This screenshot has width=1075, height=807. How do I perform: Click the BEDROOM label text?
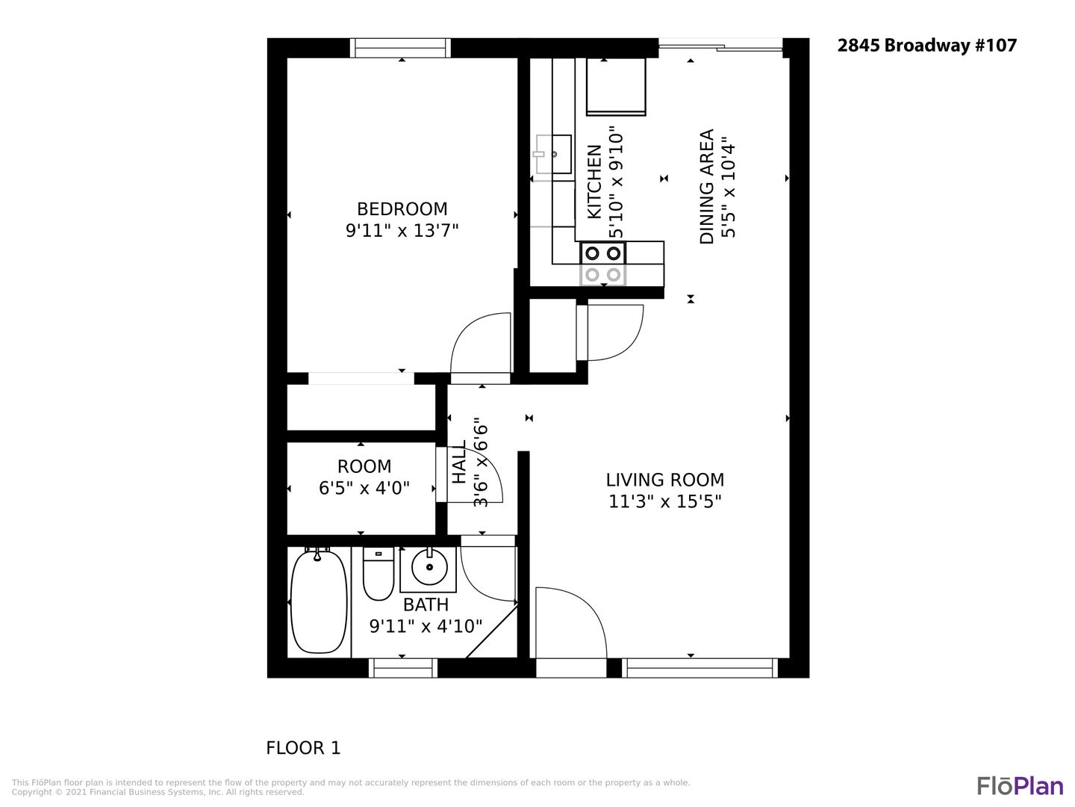point(402,209)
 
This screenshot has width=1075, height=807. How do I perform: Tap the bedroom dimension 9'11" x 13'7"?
point(402,230)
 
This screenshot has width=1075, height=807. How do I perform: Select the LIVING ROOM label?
point(664,480)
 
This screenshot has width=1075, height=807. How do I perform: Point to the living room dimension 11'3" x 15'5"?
point(664,501)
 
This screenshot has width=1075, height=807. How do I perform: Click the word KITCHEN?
point(593,182)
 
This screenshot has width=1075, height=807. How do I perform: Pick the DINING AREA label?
point(706,187)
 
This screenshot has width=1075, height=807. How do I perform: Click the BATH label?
point(426,605)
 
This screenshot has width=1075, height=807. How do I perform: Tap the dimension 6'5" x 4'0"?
point(364,488)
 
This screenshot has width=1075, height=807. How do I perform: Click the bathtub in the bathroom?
point(318,602)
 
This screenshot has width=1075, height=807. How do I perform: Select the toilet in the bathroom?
point(378,573)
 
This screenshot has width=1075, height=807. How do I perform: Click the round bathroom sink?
point(429,567)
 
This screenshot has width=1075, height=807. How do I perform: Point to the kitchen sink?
point(554,155)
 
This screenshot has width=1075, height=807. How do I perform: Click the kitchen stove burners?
point(603,264)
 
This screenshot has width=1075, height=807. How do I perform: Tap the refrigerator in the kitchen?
point(616,87)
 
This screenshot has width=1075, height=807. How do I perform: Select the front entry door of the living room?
point(571,622)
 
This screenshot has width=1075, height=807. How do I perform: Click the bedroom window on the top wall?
point(401,48)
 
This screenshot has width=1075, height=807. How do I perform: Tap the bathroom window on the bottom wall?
point(402,668)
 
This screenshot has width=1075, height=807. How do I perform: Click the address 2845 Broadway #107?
point(926,46)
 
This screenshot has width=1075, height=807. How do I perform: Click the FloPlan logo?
point(1021,786)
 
